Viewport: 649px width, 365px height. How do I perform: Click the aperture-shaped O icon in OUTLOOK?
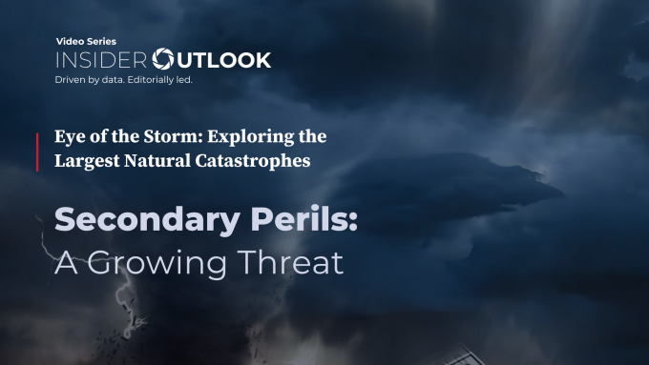[x=165, y=60]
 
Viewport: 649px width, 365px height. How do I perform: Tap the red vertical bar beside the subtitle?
[x=38, y=152]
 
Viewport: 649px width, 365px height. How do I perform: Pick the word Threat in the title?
[x=291, y=260]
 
